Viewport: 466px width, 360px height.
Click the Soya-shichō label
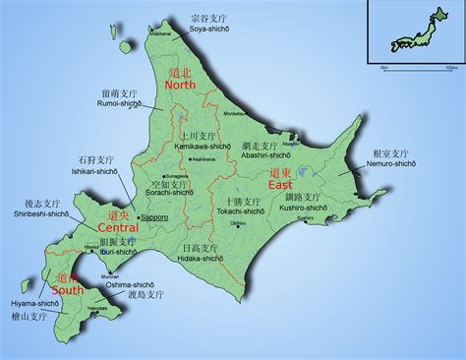click(x=208, y=29)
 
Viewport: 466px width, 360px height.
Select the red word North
click(x=181, y=86)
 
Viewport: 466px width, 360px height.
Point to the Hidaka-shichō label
click(x=203, y=260)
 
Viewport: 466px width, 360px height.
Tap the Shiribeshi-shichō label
click(x=41, y=212)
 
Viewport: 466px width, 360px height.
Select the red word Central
click(x=119, y=227)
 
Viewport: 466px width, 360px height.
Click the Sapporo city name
click(x=154, y=216)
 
